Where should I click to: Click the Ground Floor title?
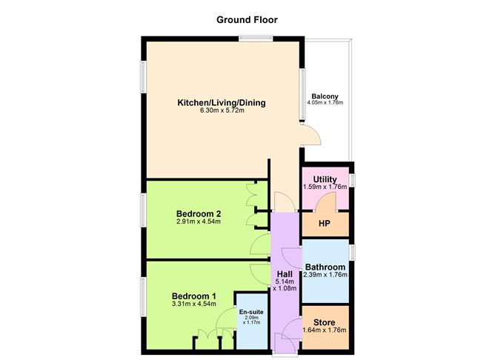pos(247,20)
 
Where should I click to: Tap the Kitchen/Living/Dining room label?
pos(221,103)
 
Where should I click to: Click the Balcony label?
pos(325,96)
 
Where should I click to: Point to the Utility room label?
pos(325,179)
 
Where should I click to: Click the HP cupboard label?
pos(324,223)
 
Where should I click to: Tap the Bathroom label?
pos(325,267)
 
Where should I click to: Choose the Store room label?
pos(325,322)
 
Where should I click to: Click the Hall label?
pos(285,273)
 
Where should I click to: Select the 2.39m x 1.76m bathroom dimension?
pos(325,276)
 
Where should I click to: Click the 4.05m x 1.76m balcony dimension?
pos(325,103)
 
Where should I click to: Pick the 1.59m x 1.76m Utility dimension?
pos(325,187)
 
